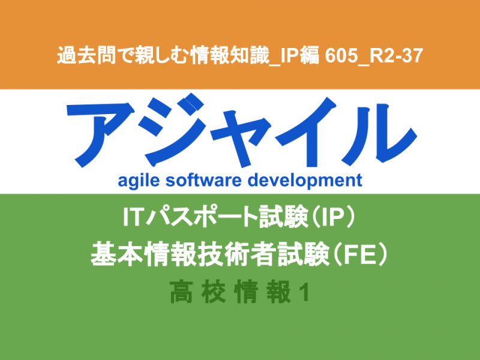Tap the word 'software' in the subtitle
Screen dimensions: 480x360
[203, 180]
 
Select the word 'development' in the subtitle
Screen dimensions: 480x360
[305, 181]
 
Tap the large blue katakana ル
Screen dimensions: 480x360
[379, 134]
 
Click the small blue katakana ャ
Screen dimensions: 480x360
[241, 137]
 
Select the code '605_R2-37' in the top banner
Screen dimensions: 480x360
[374, 56]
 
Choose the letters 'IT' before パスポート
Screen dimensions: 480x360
[133, 217]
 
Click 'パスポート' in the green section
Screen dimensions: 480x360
[201, 217]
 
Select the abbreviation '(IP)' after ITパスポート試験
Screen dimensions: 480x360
[334, 217]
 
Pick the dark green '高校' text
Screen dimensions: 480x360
[198, 292]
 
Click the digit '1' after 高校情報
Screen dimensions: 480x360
[304, 293]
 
